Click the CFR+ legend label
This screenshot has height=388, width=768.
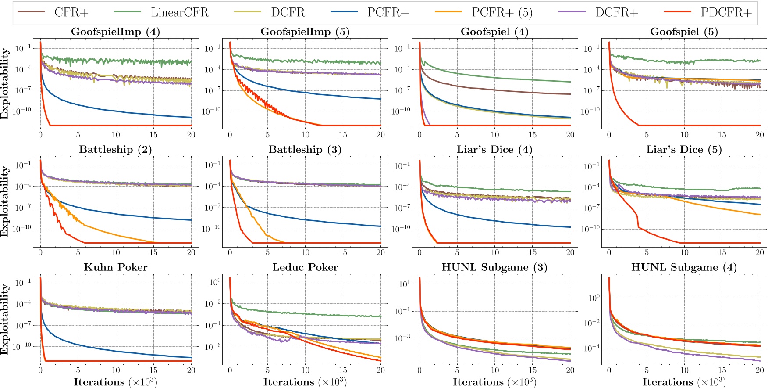pos(71,12)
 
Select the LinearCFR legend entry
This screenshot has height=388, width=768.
pos(179,12)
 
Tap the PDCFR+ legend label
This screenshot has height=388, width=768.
pos(726,12)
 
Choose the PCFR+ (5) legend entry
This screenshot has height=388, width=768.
pos(502,12)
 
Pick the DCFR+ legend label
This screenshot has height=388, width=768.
pos(616,12)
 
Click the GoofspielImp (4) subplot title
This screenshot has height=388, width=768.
pos(115,32)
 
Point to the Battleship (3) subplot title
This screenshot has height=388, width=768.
pos(305,150)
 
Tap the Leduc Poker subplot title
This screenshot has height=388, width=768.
pos(305,267)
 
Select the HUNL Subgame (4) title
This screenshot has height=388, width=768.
pos(684,267)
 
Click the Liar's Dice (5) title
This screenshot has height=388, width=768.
pos(684,150)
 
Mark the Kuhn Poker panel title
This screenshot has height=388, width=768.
pos(115,267)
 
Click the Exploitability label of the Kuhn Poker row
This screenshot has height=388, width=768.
pos(5,319)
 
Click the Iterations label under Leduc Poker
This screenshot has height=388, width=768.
pos(305,382)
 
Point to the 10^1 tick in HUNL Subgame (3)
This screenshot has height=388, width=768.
pos(404,284)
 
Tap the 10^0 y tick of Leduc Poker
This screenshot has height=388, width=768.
pos(214,282)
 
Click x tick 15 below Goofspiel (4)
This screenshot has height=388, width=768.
pos(532,135)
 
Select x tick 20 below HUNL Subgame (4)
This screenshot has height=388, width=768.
pos(759,370)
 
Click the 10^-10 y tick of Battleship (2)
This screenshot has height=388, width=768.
pos(22,229)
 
